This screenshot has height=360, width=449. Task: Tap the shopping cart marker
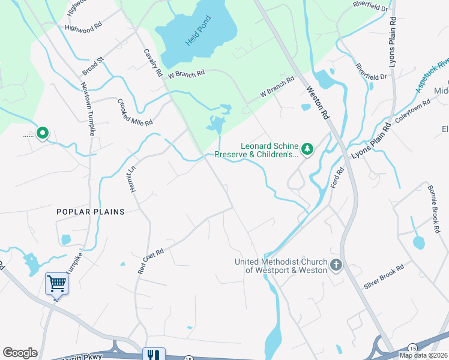point(57,283)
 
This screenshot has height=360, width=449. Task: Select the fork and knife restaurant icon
point(154,355)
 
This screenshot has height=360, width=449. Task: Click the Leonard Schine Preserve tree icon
point(307,148)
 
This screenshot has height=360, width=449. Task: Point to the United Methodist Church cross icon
point(336,265)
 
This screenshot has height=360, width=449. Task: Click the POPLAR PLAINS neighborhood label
point(90,212)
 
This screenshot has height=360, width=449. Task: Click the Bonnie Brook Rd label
point(434,205)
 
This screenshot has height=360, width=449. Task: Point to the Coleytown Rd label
point(413,110)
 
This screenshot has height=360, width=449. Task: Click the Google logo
point(20,353)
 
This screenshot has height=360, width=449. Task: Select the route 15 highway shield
point(412,348)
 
